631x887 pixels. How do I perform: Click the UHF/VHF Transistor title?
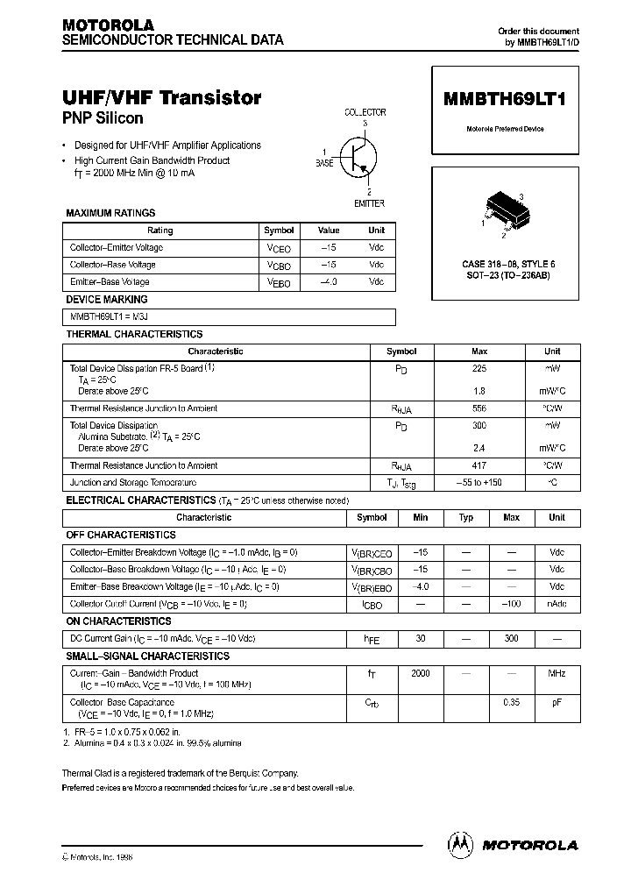162,98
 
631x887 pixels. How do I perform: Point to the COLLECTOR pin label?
365,112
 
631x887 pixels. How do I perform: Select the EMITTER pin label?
369,203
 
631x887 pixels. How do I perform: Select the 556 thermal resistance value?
479,408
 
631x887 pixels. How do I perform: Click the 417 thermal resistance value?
479,465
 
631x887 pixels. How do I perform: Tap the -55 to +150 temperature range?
479,483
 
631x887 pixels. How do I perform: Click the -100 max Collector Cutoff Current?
511,604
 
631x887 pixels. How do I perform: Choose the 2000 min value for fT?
421,673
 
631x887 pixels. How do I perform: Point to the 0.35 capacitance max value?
511,702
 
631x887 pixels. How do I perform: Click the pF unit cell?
557,702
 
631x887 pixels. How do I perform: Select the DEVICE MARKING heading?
108,300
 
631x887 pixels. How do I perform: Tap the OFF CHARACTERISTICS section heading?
121,535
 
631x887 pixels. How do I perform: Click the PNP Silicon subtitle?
103,118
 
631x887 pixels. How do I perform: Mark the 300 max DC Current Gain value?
511,639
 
